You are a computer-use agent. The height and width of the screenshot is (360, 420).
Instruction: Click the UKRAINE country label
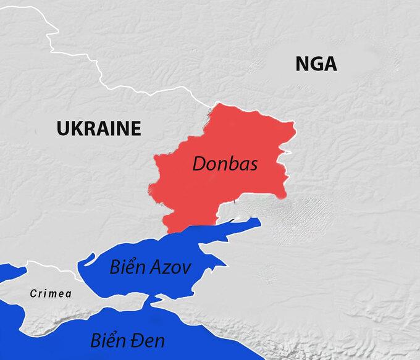coord(98,128)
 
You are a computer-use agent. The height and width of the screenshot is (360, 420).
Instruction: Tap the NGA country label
coord(316,64)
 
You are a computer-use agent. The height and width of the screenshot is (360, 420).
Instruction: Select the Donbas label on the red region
coord(225,164)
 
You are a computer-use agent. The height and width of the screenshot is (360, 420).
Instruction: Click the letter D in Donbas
coord(199,164)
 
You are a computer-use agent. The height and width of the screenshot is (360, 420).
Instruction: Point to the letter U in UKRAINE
coord(62,128)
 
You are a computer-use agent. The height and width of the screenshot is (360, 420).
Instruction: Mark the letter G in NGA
coord(316,64)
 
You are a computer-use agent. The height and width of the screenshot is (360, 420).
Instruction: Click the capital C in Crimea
coord(33,294)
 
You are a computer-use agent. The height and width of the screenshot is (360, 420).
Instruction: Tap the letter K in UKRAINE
coord(76,128)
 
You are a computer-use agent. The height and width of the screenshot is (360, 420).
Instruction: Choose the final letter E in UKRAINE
coord(136,128)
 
